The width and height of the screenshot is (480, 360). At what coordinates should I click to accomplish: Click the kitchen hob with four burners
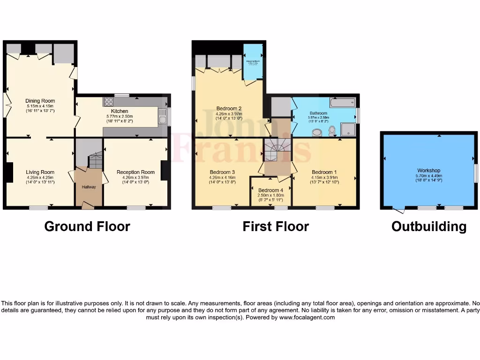click(108, 101)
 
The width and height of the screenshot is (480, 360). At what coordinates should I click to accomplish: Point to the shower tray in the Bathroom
click(348, 129)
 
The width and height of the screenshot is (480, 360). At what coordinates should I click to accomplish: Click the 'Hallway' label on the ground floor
click(89, 187)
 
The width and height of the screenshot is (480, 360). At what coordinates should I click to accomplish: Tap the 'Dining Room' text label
click(40, 101)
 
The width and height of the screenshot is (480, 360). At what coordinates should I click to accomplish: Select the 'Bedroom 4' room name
click(270, 190)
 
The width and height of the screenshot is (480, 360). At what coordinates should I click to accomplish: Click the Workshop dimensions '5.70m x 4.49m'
click(428, 176)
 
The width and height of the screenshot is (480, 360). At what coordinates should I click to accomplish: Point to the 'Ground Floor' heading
click(87, 226)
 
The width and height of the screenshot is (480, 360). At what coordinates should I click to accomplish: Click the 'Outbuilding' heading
click(429, 227)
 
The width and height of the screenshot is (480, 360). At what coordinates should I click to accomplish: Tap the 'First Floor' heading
click(276, 226)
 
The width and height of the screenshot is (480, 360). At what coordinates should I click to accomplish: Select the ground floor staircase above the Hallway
click(95, 160)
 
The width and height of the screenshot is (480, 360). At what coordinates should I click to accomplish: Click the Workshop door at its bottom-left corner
click(397, 210)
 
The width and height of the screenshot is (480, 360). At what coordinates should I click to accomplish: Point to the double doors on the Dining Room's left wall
click(7, 105)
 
